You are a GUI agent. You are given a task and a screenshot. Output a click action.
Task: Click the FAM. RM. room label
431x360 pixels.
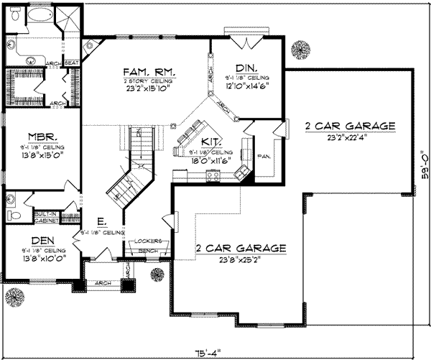tap(141, 72)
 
